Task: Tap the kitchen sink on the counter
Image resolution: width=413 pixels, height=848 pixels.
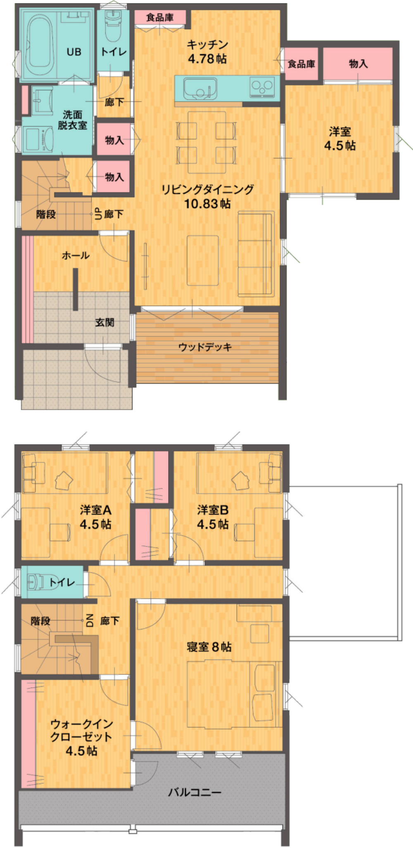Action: click(x=200, y=89)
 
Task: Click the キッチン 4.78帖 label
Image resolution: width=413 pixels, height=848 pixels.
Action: click(x=207, y=52)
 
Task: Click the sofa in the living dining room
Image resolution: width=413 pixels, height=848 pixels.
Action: click(x=256, y=254)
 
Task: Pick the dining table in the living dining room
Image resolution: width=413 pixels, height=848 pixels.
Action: click(x=206, y=142)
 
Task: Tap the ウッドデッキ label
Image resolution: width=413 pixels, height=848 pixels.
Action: click(x=205, y=347)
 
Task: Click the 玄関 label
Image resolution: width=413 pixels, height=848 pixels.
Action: click(x=104, y=322)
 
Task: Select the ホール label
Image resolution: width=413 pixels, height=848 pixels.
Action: click(x=76, y=255)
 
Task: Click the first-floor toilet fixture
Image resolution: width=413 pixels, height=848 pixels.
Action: click(x=112, y=25)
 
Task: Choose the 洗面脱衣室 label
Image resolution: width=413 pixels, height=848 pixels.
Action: click(x=73, y=120)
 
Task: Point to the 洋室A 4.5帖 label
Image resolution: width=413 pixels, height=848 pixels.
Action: click(x=95, y=517)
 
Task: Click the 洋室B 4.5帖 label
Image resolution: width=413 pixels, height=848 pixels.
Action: click(x=212, y=517)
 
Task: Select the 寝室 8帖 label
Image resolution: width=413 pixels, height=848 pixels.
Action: click(x=209, y=647)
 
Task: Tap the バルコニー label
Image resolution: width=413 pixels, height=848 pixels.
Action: click(x=195, y=792)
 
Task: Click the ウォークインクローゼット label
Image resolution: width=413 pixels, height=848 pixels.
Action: click(x=81, y=737)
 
